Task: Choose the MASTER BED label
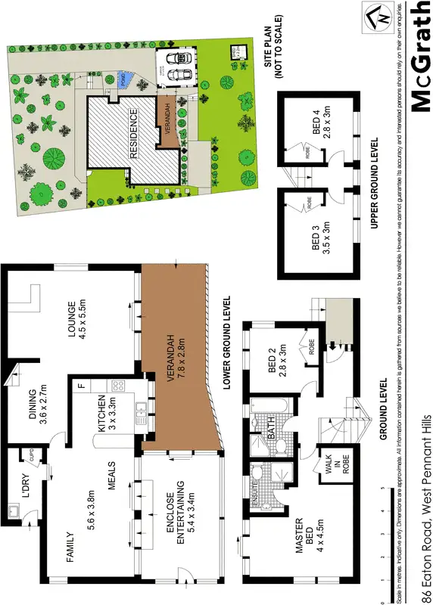click(x=303, y=537)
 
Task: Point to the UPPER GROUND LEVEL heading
click(x=376, y=183)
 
